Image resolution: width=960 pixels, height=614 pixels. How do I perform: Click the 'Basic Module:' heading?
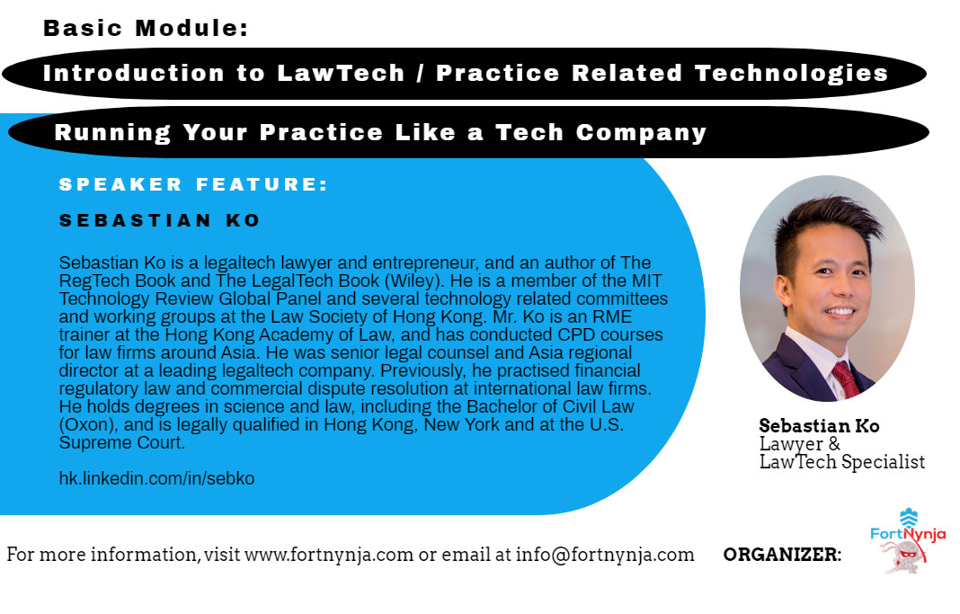click(x=146, y=28)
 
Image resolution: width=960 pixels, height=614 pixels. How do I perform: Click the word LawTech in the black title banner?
click(x=341, y=73)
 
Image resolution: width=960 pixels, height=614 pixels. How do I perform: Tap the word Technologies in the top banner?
click(x=791, y=74)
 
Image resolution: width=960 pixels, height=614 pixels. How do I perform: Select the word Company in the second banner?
click(x=641, y=133)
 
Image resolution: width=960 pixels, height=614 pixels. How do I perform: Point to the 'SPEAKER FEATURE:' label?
click(x=193, y=184)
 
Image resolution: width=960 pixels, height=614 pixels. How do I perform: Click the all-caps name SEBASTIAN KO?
click(x=160, y=220)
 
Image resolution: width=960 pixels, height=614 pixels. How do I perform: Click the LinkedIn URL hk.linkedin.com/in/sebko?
click(x=156, y=478)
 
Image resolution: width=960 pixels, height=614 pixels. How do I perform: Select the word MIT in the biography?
click(x=646, y=280)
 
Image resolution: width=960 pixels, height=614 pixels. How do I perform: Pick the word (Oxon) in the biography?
click(x=89, y=425)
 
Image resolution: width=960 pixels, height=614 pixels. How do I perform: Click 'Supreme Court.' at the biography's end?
click(x=122, y=442)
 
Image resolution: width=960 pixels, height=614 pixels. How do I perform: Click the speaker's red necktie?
click(x=846, y=380)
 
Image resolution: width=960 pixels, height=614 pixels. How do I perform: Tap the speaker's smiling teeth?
click(x=839, y=312)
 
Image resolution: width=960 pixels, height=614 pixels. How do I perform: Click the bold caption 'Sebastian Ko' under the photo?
click(x=819, y=425)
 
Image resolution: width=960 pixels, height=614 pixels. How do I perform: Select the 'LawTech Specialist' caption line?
click(x=842, y=461)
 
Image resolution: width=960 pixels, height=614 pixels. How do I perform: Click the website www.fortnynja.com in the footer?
click(x=329, y=555)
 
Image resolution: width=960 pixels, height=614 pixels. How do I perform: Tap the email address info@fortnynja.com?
click(x=605, y=555)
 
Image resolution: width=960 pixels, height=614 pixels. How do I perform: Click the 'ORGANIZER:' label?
click(x=782, y=555)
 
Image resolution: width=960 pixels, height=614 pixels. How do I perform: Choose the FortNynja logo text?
click(x=908, y=534)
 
